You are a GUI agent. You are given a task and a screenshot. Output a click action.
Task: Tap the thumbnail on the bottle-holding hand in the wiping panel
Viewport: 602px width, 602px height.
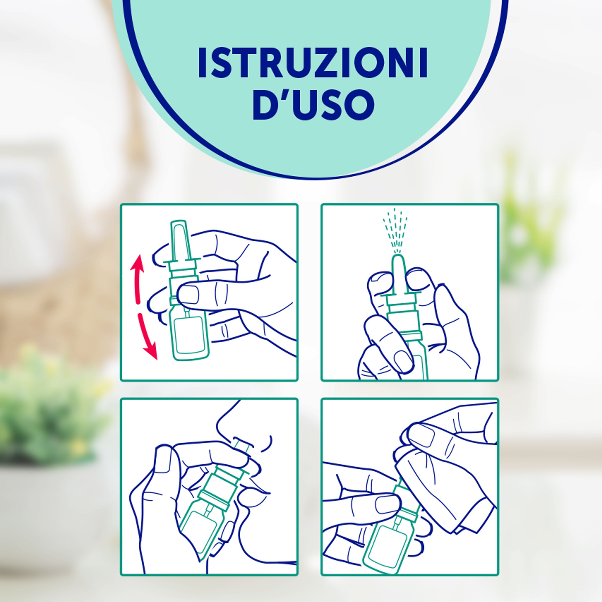point(386,504)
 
